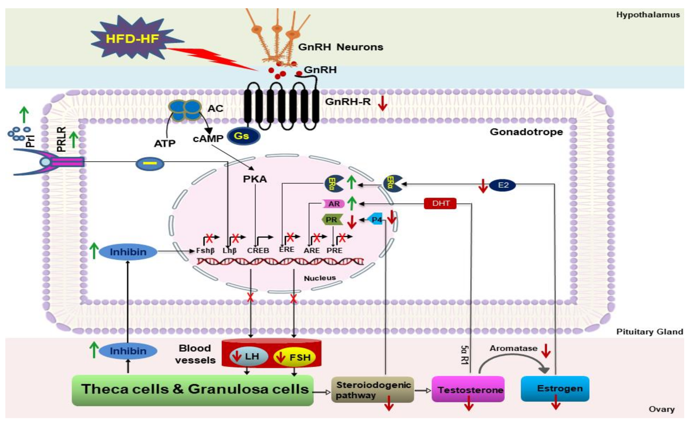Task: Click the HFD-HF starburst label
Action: (x=132, y=39)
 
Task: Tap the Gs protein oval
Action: (x=243, y=136)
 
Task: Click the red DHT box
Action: (x=440, y=203)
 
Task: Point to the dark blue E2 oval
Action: (x=502, y=185)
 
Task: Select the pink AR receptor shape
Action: (x=333, y=204)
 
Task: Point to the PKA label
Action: (x=255, y=179)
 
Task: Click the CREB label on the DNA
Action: (x=258, y=250)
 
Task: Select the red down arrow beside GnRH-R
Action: (x=382, y=104)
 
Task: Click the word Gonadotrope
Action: (x=526, y=132)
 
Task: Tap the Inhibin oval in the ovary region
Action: (x=128, y=351)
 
